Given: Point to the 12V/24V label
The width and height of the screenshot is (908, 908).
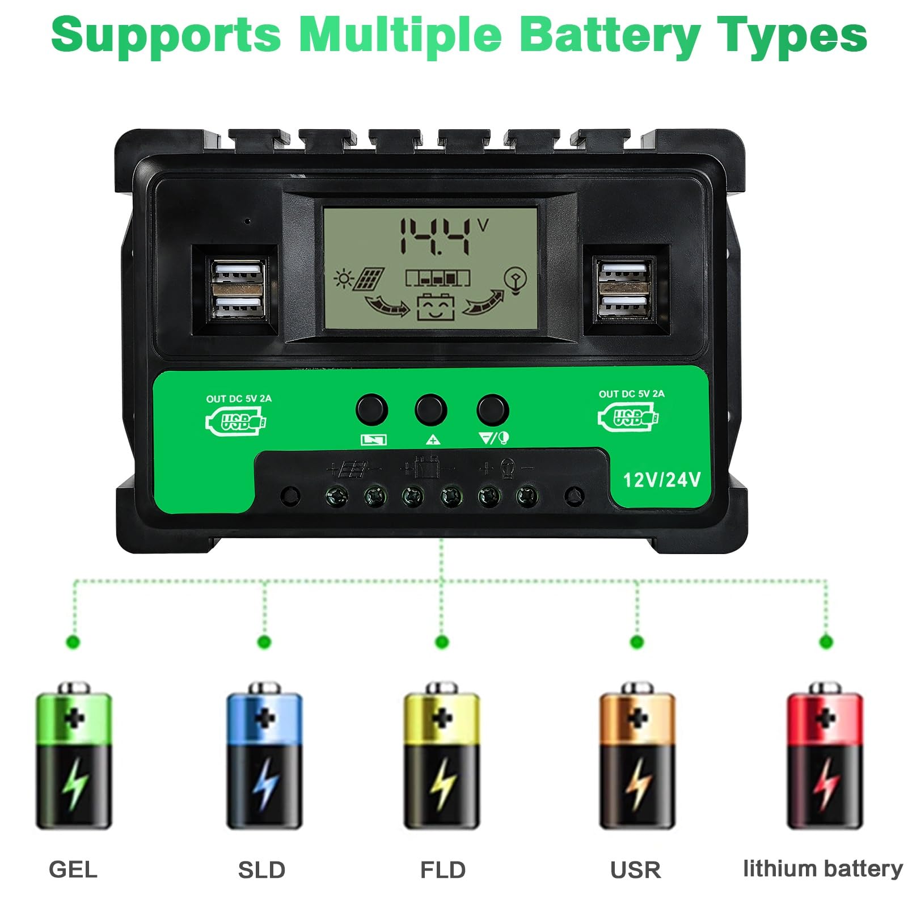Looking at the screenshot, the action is click(662, 480).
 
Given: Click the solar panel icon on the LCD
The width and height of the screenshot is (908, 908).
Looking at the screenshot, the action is click(369, 280).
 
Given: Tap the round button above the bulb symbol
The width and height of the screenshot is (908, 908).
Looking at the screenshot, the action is click(492, 409).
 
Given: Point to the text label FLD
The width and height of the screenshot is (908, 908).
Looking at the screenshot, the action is click(443, 869).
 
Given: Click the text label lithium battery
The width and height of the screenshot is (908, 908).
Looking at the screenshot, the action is click(822, 868).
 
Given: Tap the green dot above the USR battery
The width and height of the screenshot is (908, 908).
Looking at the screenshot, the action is click(637, 642).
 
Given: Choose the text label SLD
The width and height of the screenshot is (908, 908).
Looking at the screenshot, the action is click(261, 869).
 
